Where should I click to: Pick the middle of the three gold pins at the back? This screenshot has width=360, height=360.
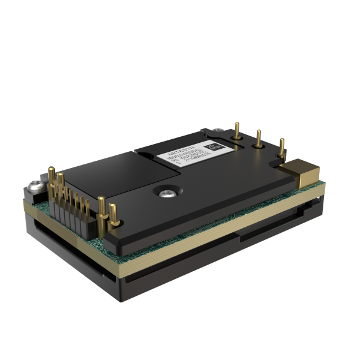[x=259, y=139]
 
